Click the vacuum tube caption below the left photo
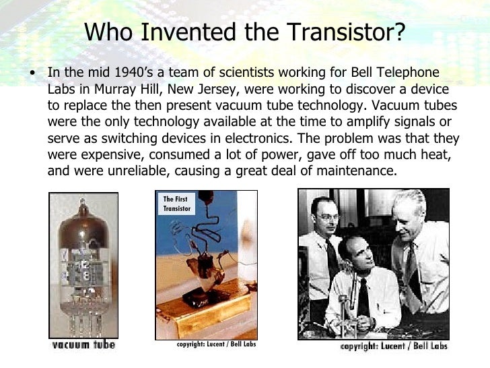[x=84, y=345]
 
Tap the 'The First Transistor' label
[x=176, y=204]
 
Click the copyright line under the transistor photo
[x=215, y=344]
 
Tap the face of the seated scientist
[x=356, y=253]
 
